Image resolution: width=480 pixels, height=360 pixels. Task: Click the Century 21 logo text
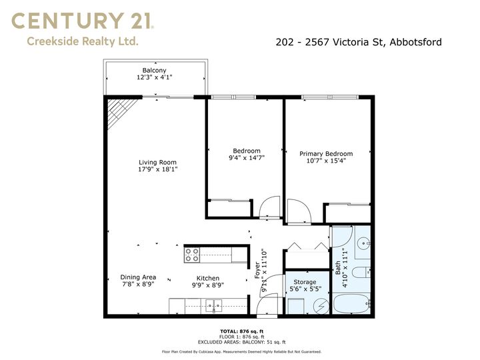(x=82, y=21)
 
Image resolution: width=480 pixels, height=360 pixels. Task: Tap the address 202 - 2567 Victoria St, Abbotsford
(x=359, y=42)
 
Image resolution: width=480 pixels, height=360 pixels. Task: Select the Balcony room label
(x=154, y=71)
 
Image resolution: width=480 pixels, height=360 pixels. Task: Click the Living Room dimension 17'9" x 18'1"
(x=157, y=169)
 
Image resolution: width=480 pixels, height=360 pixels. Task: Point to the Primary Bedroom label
(x=326, y=154)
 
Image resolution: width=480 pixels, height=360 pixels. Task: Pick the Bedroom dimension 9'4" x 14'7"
(x=247, y=157)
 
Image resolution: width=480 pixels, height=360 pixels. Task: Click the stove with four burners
(x=192, y=255)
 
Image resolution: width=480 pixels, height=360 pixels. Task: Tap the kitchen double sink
(x=214, y=305)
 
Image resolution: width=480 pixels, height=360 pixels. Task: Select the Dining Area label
(x=138, y=277)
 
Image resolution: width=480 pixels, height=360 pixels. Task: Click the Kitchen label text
(x=208, y=278)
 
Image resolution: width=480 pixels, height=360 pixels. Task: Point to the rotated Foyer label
(x=257, y=270)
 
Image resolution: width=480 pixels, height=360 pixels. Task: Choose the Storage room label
(x=305, y=282)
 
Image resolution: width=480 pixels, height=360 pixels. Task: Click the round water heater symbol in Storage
(x=321, y=305)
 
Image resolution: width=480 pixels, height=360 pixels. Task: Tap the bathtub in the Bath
(x=351, y=304)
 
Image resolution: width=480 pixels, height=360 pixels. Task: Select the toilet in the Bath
(x=361, y=272)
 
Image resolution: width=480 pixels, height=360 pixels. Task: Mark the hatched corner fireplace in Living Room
(x=119, y=110)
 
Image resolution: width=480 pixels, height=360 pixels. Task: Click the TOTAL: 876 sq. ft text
(x=242, y=331)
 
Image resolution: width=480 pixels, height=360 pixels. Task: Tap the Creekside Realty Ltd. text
(x=83, y=41)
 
